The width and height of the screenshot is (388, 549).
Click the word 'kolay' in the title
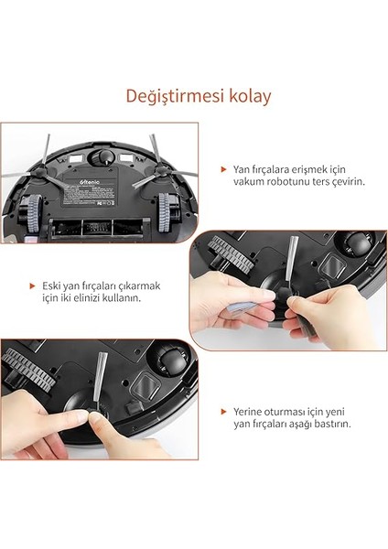click(x=246, y=96)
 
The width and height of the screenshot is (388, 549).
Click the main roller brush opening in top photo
click(x=98, y=223)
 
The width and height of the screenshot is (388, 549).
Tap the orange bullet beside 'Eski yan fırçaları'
click(x=34, y=285)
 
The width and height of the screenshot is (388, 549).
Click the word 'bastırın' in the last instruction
click(x=328, y=425)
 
